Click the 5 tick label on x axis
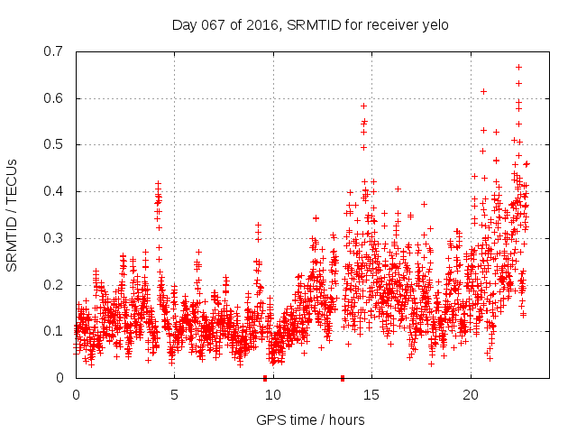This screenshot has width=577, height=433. [175, 395]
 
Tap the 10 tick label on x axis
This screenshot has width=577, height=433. [273, 395]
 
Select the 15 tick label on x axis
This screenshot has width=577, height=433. [372, 395]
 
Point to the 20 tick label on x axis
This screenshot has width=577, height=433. [471, 395]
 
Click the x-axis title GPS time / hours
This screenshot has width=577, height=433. [310, 419]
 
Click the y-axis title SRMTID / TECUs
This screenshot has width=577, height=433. [13, 215]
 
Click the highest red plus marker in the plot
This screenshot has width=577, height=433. [518, 67]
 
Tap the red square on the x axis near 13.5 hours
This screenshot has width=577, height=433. [343, 377]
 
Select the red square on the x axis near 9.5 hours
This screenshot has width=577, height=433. [265, 377]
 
